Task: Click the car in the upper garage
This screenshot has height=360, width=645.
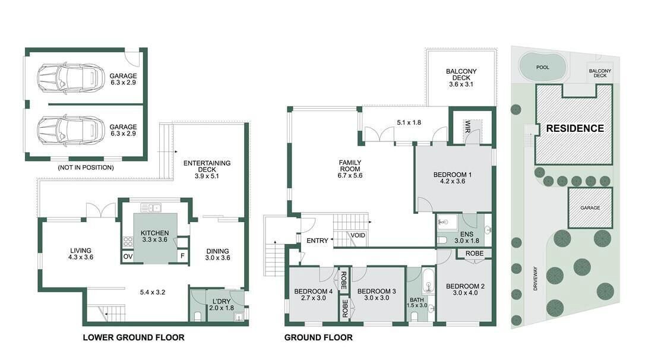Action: (x=70, y=79)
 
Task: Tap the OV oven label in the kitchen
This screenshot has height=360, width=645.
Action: (x=128, y=256)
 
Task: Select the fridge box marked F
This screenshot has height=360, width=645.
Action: (x=183, y=255)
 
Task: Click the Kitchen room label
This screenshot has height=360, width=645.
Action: (x=154, y=233)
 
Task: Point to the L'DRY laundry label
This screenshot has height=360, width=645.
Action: (x=222, y=301)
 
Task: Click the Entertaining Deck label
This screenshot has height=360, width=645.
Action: (x=207, y=166)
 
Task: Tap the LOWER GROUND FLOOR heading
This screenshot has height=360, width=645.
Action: (x=134, y=337)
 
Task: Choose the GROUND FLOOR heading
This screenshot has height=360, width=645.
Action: (x=318, y=337)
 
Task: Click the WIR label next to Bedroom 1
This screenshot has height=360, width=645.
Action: (x=467, y=126)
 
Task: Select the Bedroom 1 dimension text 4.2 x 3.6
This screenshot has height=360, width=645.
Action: (x=453, y=181)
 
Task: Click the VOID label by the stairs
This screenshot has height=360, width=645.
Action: (x=358, y=235)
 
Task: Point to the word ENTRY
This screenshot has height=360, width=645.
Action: (x=318, y=240)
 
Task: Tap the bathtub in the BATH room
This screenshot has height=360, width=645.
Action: (x=428, y=282)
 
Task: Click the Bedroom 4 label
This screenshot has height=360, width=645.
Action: (x=314, y=292)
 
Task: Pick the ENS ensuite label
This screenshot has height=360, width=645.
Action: (x=467, y=234)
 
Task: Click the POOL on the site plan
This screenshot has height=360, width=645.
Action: (x=543, y=67)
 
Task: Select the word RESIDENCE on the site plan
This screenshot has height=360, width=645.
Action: (x=575, y=128)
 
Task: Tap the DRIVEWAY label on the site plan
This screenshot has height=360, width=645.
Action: (x=535, y=279)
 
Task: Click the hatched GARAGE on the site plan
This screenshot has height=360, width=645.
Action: (x=590, y=208)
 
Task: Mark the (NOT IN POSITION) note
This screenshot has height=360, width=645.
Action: (x=86, y=168)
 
